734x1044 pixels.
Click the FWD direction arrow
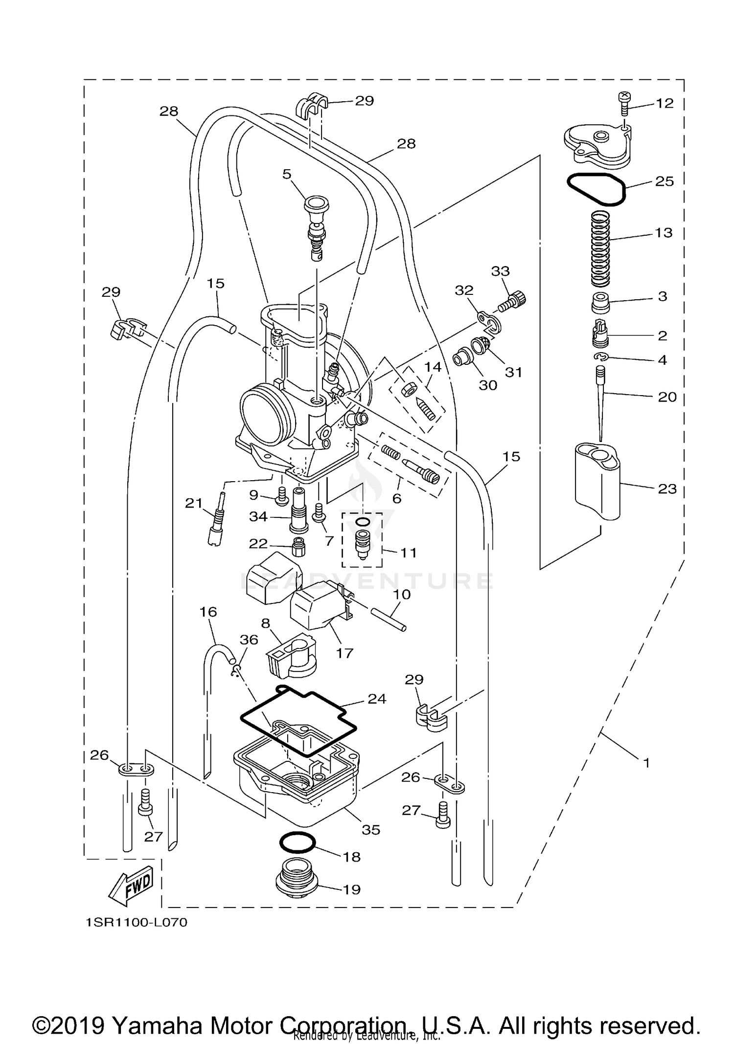[x=131, y=886]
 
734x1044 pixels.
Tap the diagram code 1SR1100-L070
[x=137, y=923]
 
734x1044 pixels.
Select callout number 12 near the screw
[x=665, y=103]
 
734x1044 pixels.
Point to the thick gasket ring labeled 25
[x=596, y=189]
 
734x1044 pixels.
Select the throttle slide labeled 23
[x=597, y=480]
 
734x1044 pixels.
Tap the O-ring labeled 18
[x=297, y=843]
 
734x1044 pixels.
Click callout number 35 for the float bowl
[x=371, y=829]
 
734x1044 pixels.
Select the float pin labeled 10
[x=388, y=619]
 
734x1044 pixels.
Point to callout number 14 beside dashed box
[x=433, y=367]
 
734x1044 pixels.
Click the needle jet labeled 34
[x=299, y=510]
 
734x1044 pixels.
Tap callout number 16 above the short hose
[x=208, y=612]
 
